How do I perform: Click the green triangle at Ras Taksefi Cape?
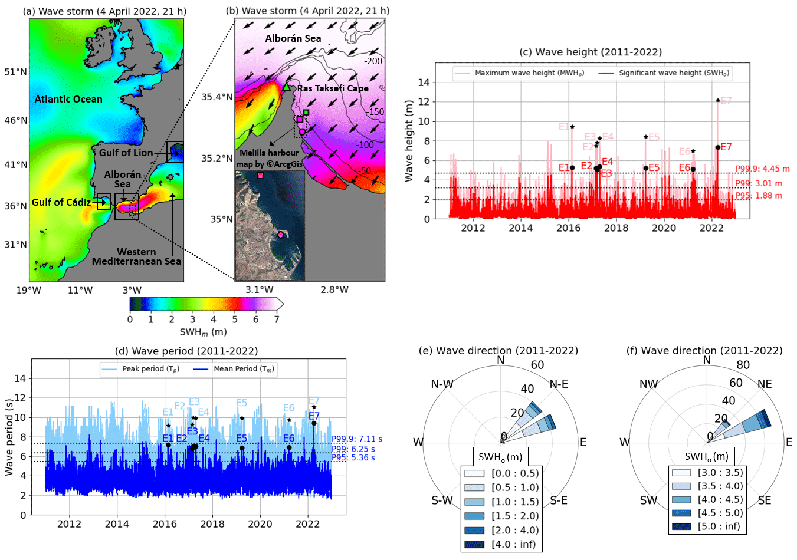pyautogui.click(x=287, y=87)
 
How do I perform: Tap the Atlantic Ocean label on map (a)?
pyautogui.click(x=68, y=99)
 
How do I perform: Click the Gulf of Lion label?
pyautogui.click(x=126, y=153)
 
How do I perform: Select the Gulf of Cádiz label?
pyautogui.click(x=61, y=202)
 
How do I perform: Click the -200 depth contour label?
pyautogui.click(x=373, y=61)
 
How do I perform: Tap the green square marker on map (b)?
pyautogui.click(x=306, y=112)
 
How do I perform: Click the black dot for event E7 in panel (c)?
pyautogui.click(x=717, y=147)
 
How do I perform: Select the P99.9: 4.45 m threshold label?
pyautogui.click(x=762, y=169)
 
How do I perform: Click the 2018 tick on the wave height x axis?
pyautogui.click(x=616, y=228)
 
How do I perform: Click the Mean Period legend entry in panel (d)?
pyautogui.click(x=243, y=369)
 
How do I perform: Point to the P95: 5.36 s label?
pyautogui.click(x=353, y=457)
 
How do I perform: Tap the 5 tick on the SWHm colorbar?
pyautogui.click(x=235, y=319)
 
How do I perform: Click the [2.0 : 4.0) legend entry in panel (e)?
pyautogui.click(x=515, y=530)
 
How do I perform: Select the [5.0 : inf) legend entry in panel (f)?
pyautogui.click(x=719, y=526)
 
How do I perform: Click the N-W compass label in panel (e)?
pyautogui.click(x=442, y=384)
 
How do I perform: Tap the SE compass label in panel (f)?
pyautogui.click(x=764, y=500)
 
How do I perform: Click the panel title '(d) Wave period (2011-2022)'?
pyautogui.click(x=187, y=351)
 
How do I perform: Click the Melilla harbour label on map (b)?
pyautogui.click(x=269, y=153)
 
